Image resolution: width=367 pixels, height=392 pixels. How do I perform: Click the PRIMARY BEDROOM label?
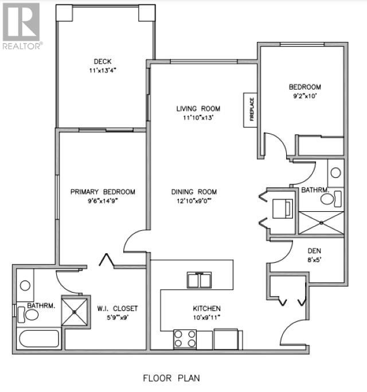(x=103, y=192)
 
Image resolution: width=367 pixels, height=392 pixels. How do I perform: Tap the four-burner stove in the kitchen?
(x=185, y=339)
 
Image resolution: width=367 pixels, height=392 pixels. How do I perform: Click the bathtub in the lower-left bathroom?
(x=39, y=338)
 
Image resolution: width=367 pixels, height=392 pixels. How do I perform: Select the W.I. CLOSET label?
(x=117, y=308)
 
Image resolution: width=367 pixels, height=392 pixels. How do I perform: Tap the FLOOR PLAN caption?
(x=171, y=378)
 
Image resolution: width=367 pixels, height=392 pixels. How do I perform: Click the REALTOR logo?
(x=21, y=26)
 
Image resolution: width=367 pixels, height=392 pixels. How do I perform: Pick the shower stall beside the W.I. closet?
(x=76, y=310)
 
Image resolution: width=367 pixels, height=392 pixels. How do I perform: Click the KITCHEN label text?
(x=206, y=308)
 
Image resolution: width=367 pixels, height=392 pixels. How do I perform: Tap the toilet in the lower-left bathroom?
(x=30, y=314)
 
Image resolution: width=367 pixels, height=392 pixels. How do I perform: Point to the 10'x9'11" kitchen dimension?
(x=206, y=317)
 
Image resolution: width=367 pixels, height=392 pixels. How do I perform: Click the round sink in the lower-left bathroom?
(x=25, y=285)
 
